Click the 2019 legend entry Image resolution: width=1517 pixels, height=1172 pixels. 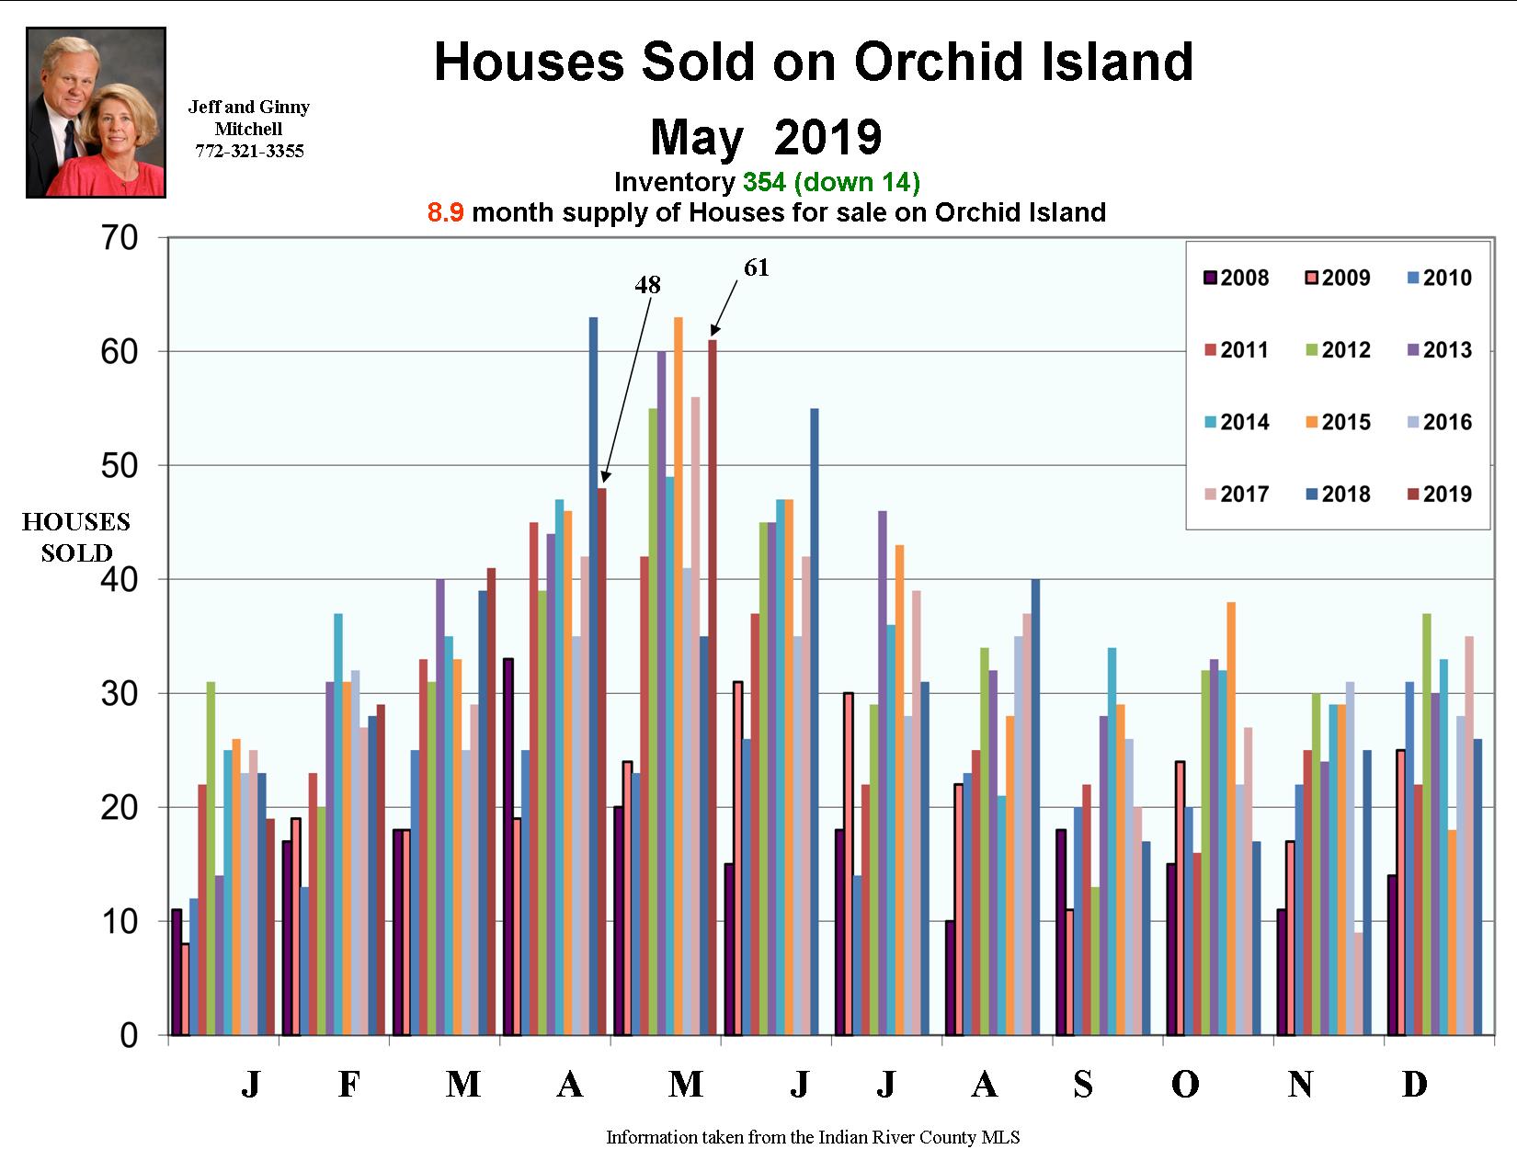[x=1438, y=495]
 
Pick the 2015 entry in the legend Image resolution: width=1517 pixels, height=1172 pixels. [x=1337, y=423]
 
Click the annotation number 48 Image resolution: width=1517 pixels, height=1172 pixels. [x=647, y=286]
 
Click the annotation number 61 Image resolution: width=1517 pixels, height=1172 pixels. [x=756, y=268]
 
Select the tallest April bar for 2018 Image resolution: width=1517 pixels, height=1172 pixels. [x=593, y=676]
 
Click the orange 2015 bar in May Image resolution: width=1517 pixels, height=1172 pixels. [x=679, y=676]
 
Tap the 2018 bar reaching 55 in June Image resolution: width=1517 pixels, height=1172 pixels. [x=815, y=722]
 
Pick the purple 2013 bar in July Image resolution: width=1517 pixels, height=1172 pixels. [x=883, y=772]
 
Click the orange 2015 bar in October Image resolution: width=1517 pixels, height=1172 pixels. [x=1231, y=818]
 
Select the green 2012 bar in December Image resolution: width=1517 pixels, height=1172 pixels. [x=1426, y=824]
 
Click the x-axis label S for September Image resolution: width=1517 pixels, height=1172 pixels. [x=1083, y=1086]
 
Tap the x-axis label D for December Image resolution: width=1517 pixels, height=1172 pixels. [x=1414, y=1086]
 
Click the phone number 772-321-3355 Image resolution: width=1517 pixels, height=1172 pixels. [x=249, y=152]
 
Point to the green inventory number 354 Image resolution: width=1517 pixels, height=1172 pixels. [x=764, y=183]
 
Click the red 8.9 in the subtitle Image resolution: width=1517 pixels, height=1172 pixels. [x=445, y=213]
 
